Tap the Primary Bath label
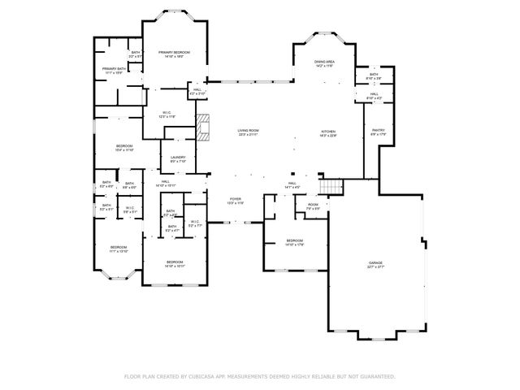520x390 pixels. [x=114, y=70]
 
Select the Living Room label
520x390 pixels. [x=248, y=132]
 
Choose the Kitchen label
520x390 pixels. [x=327, y=132]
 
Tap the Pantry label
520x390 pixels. [x=378, y=132]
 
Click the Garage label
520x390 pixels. [x=375, y=263]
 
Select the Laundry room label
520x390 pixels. [x=178, y=158]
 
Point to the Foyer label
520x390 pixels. [x=236, y=199]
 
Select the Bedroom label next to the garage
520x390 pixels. [x=294, y=241]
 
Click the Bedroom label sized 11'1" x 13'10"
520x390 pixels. [x=119, y=248]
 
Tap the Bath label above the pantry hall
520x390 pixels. [x=373, y=76]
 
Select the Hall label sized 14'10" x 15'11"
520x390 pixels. [x=165, y=183]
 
